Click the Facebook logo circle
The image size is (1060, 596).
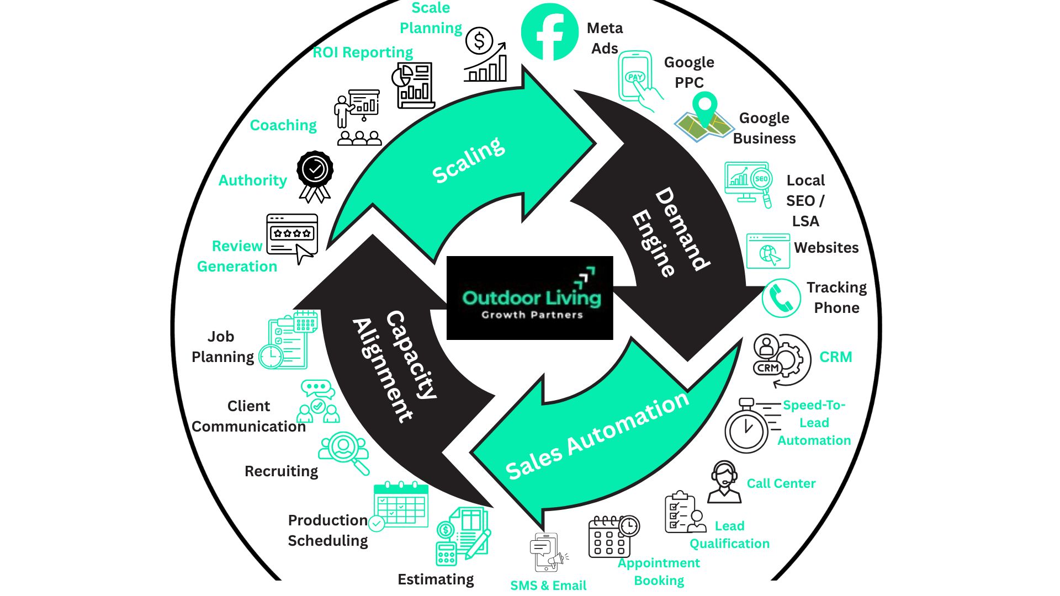pos(549,32)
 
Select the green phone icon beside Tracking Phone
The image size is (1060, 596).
pos(781,298)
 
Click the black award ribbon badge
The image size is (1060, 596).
pos(315,175)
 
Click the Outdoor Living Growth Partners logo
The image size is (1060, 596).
pos(530,298)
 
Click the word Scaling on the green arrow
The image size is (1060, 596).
pos(468,159)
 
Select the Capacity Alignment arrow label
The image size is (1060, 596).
pos(395,367)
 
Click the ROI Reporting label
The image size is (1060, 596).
pos(363,52)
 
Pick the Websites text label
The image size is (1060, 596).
pos(826,248)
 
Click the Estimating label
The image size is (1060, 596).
pos(436,579)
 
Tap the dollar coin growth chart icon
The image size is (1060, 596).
pos(485,55)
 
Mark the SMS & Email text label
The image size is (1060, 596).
pos(548,586)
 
